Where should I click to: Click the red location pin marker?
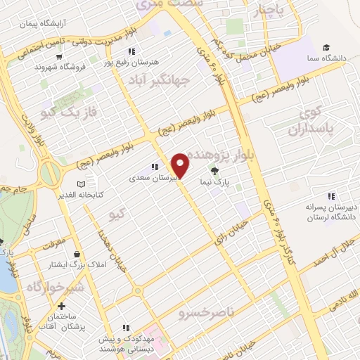coord(181,165)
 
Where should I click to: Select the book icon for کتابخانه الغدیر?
coord(81,183)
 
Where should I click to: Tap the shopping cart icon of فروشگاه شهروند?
coord(60,57)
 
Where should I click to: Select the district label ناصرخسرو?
coord(209,310)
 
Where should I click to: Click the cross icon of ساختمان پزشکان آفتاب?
coord(63,307)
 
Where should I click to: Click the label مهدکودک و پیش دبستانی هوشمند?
coord(127,344)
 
